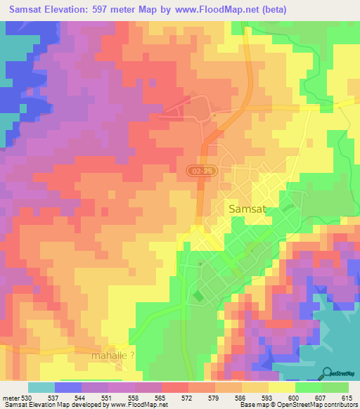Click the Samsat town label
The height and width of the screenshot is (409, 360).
tap(247, 209)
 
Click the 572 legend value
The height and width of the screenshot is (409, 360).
tap(167, 397)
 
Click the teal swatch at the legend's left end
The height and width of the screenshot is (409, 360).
tap(41, 387)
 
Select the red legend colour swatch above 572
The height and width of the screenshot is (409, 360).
tap(174, 387)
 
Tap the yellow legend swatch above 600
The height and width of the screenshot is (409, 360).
tap(281, 387)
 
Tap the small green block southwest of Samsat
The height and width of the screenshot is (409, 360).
tap(197, 296)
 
